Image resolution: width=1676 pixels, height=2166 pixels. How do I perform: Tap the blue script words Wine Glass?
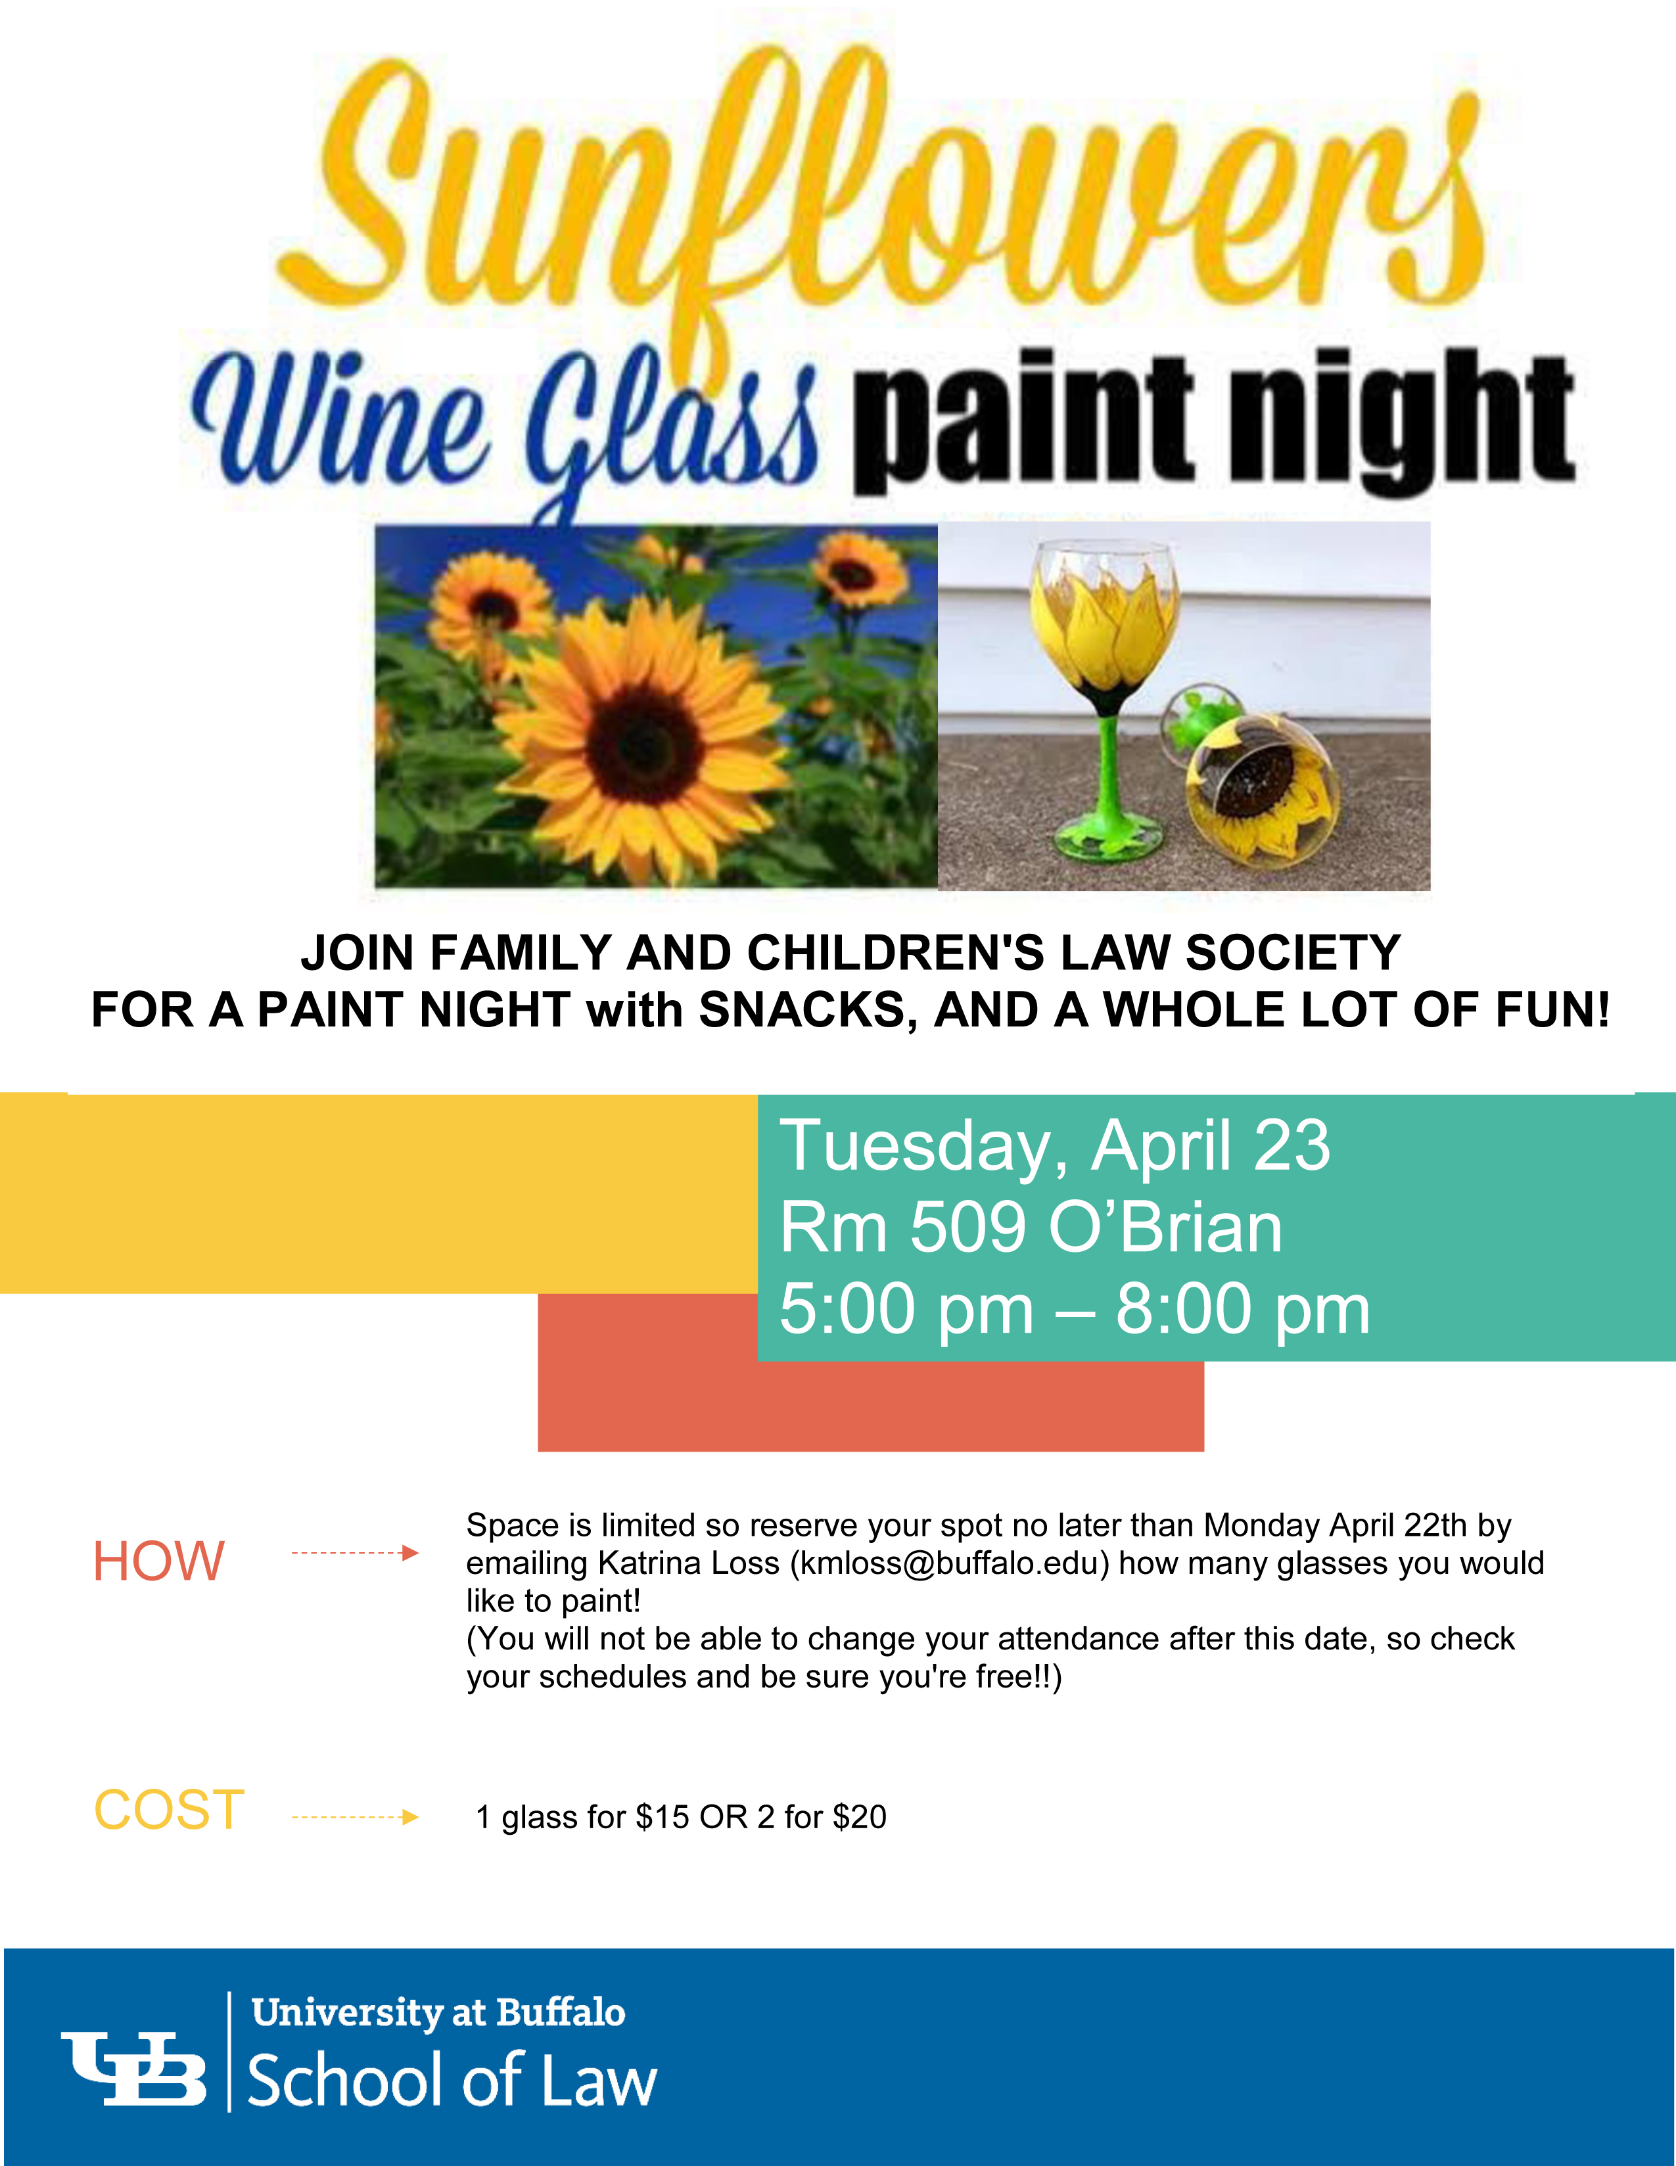click(x=506, y=426)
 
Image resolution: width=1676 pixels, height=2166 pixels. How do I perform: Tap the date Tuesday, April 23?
click(x=1054, y=1145)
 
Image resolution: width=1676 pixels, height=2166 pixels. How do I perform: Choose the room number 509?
click(x=967, y=1227)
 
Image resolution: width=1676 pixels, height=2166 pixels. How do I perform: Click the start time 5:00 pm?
click(x=906, y=1309)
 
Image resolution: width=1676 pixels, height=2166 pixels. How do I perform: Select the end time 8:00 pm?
click(x=1243, y=1309)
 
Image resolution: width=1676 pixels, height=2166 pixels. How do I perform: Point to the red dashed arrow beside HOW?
click(x=355, y=1553)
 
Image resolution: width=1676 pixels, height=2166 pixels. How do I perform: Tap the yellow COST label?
click(x=169, y=1810)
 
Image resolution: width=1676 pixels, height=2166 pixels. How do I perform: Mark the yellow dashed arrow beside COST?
click(x=355, y=1817)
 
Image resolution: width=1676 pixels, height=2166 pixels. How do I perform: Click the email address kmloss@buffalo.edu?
click(x=949, y=1563)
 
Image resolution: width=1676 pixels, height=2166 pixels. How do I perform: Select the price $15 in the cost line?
click(x=663, y=1817)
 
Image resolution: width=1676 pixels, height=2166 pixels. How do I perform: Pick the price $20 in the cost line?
click(x=859, y=1817)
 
